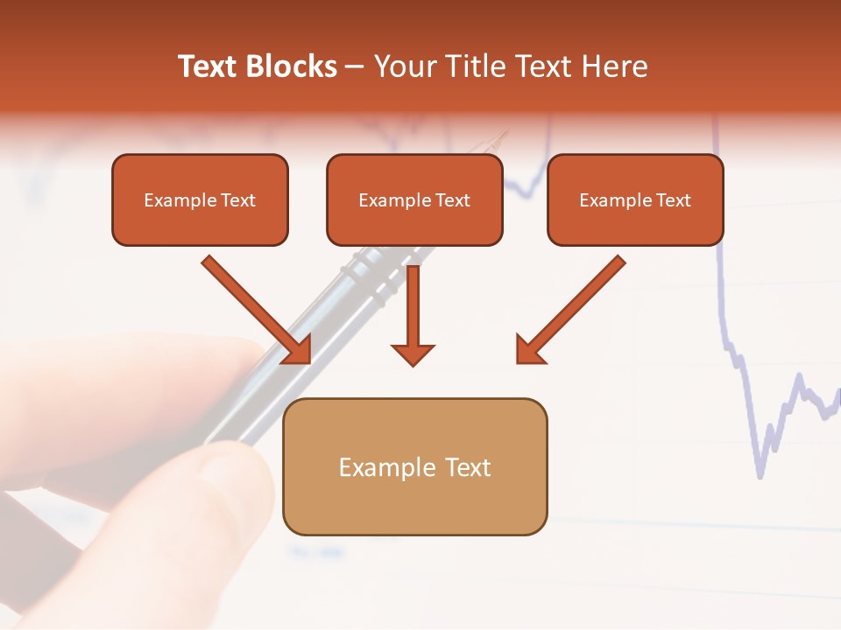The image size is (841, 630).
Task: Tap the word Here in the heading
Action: (x=613, y=66)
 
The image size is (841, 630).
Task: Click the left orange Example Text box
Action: (x=200, y=199)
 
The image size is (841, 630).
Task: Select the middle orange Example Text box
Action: (x=414, y=199)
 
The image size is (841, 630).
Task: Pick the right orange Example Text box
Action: (x=635, y=199)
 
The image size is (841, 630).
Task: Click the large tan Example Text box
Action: (x=414, y=466)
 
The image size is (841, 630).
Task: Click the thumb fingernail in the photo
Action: (x=230, y=477)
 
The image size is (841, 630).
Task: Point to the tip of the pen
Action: (x=503, y=134)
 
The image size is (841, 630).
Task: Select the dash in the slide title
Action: (x=355, y=66)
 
